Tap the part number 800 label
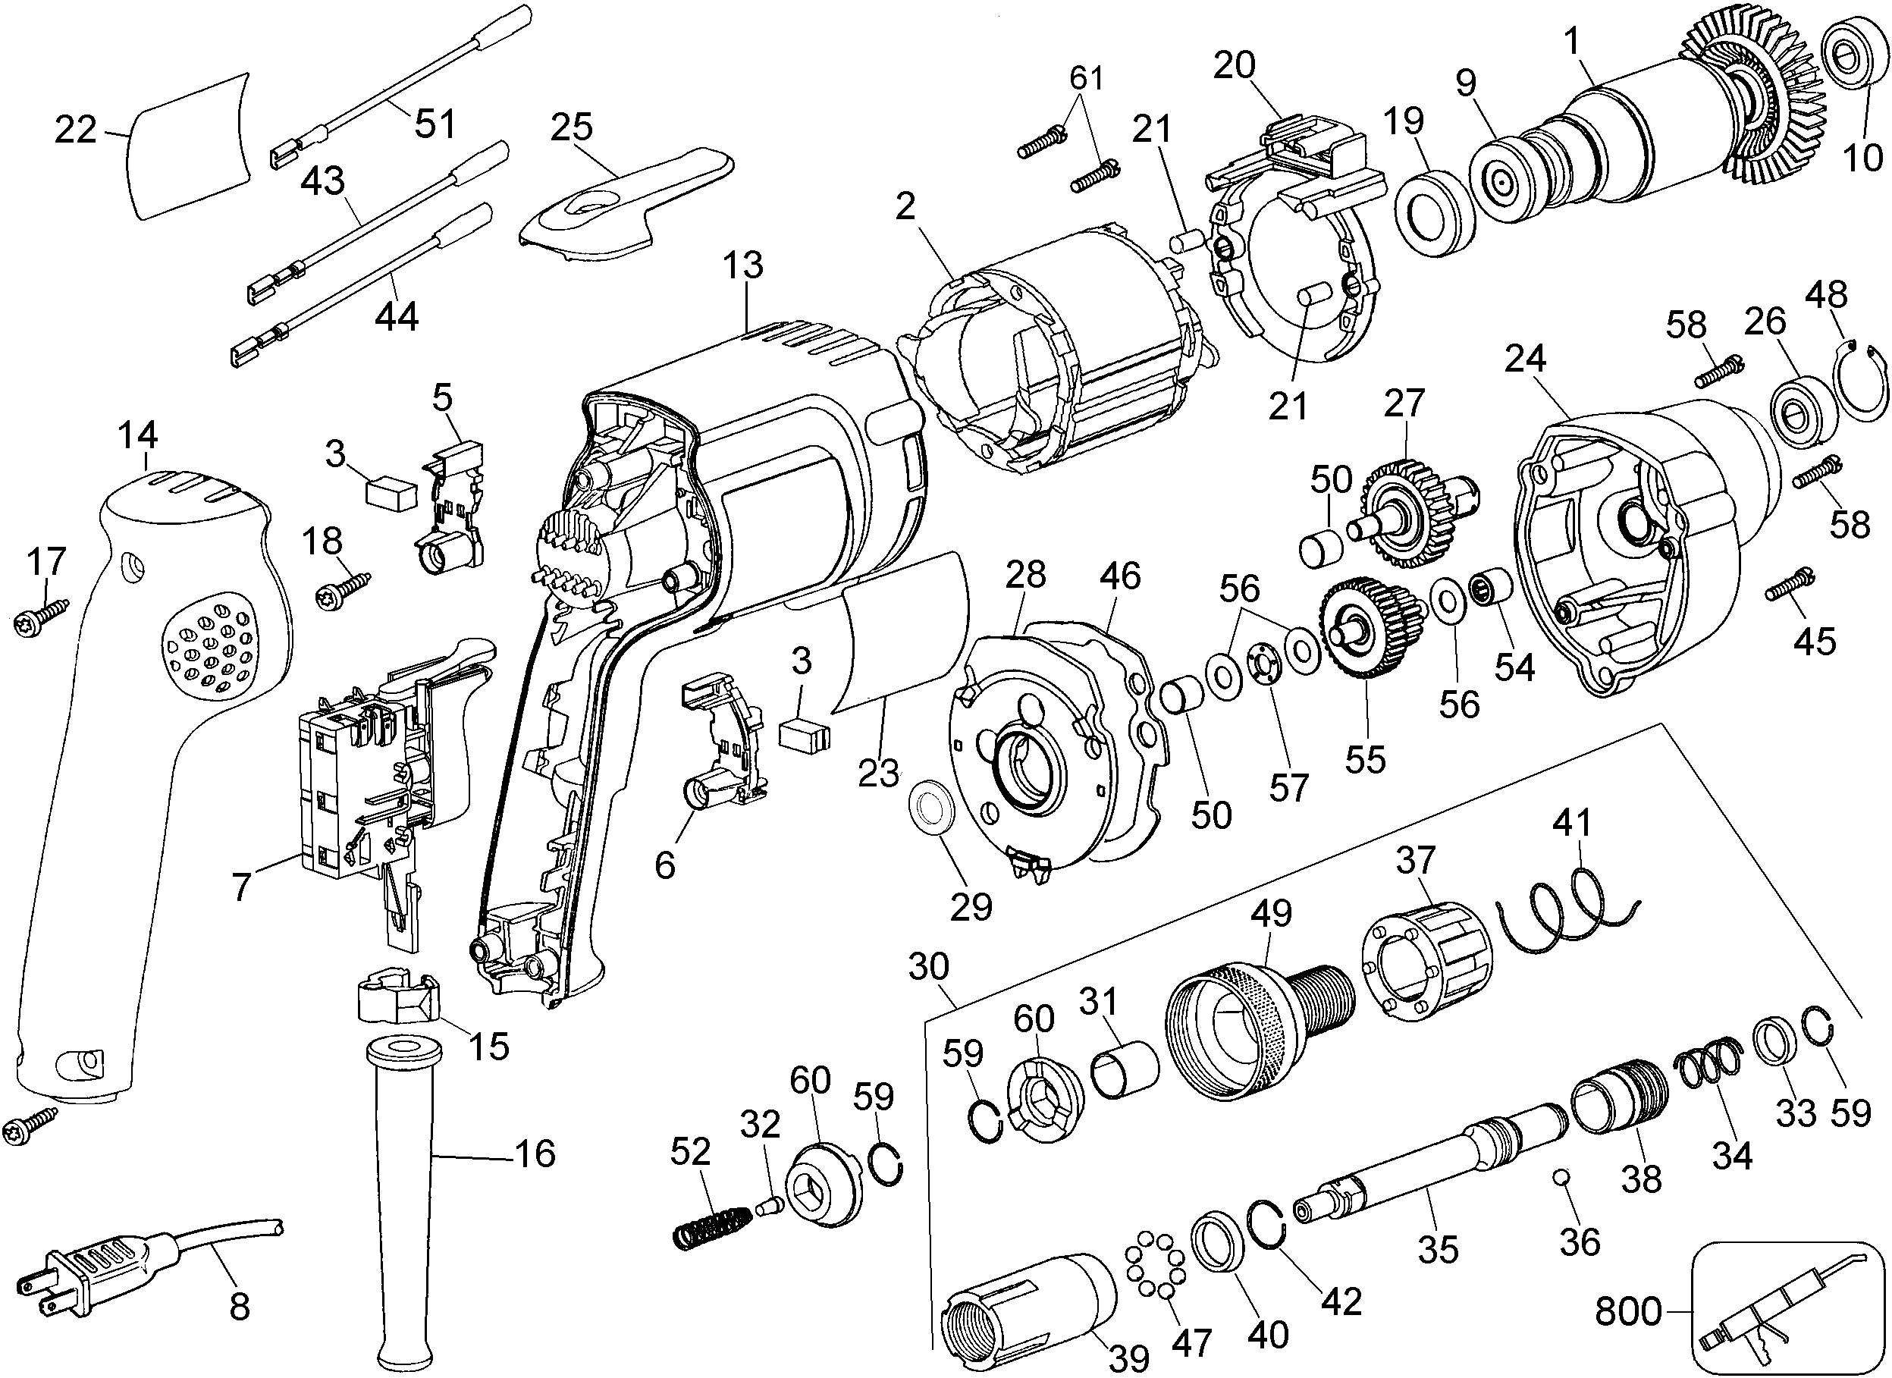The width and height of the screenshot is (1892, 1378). coord(1627,1311)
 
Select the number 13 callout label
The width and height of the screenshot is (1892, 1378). coord(742,265)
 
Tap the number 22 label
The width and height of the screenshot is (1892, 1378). coord(76,130)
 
